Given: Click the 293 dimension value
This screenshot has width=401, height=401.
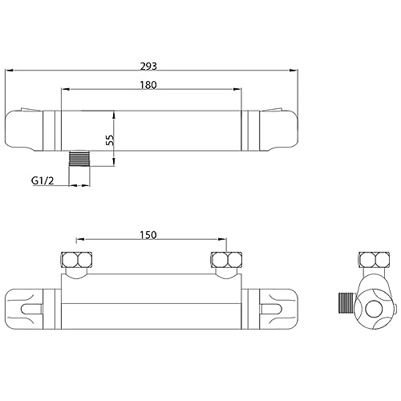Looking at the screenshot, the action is click(x=148, y=66).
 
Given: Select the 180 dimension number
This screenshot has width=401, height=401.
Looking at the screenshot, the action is click(x=148, y=85).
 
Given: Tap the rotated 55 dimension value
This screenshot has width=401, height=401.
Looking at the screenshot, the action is click(x=110, y=140).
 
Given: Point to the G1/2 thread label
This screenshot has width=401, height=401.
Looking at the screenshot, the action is click(x=43, y=180).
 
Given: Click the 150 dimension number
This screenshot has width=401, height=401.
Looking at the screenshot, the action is click(x=148, y=235).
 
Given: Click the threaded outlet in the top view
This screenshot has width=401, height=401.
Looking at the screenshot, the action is click(x=79, y=159).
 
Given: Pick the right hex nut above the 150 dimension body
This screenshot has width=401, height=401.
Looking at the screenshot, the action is click(x=227, y=260).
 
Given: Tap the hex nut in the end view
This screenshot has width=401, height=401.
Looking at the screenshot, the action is click(x=375, y=260).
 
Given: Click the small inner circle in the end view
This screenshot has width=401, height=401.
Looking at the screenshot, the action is click(x=374, y=309).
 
